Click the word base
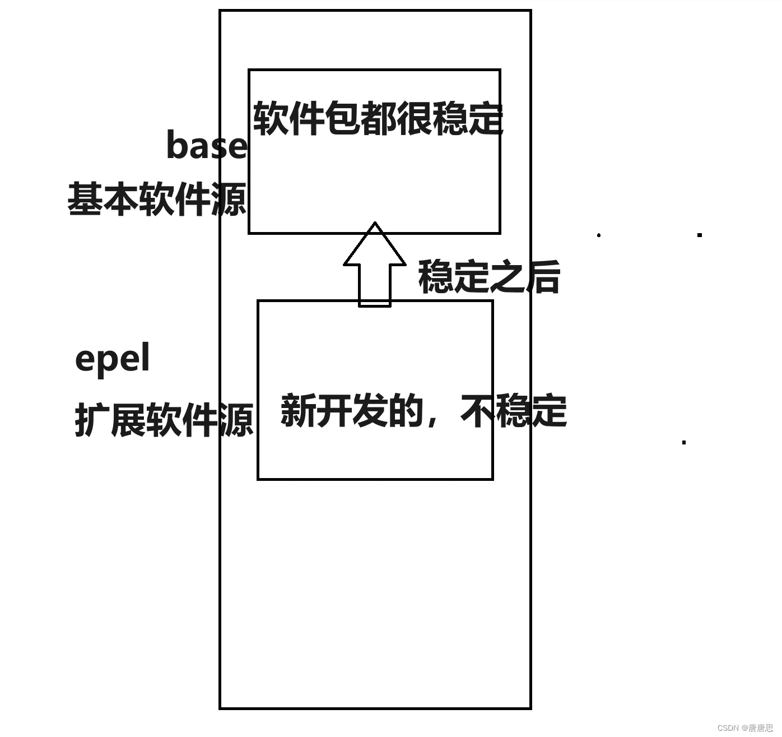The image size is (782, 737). tap(206, 145)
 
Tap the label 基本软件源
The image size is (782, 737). tap(157, 199)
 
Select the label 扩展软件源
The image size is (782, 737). tap(164, 420)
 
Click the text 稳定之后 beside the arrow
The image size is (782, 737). tap(489, 277)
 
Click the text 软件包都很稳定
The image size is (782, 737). tap(378, 119)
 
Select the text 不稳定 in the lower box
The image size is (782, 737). tap(513, 411)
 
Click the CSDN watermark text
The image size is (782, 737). tap(745, 727)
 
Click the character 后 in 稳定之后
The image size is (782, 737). tap(543, 277)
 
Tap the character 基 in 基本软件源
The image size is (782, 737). tap(85, 199)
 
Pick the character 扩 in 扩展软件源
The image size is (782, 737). tap(92, 420)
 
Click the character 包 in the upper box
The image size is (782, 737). tap(342, 119)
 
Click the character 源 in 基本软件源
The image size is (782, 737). tap(229, 199)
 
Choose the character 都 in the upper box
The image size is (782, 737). tap(378, 119)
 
